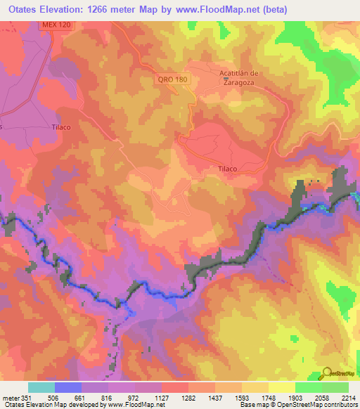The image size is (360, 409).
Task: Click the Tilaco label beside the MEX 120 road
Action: (x=63, y=127)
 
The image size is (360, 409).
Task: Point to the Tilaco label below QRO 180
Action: (x=224, y=169)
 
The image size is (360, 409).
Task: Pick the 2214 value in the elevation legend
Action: (x=349, y=397)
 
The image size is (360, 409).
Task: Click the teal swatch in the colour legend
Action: (x=41, y=387)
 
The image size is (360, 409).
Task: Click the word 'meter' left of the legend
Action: (x=11, y=397)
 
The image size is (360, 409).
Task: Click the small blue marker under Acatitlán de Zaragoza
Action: (x=225, y=79)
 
